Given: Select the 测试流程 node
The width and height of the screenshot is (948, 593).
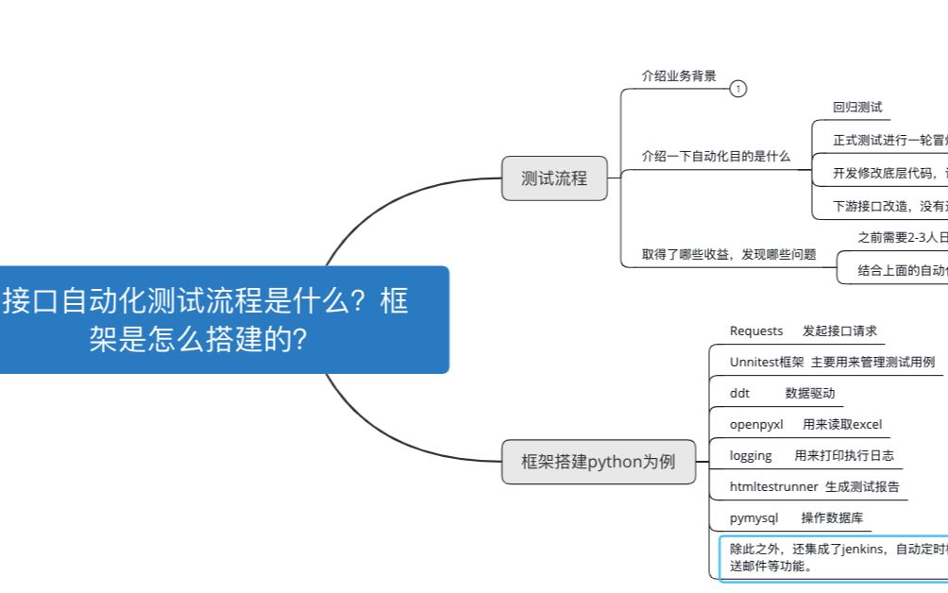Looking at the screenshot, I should point(554,178).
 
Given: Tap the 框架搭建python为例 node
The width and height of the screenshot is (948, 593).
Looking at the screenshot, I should point(599,462).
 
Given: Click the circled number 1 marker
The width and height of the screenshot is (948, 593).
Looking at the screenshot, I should point(738,89).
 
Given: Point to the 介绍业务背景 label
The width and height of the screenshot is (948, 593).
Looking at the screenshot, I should point(679,76).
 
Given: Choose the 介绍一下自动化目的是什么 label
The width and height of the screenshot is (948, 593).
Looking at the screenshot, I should point(716,156).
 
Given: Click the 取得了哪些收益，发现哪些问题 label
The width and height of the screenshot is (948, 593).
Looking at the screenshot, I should point(729,254).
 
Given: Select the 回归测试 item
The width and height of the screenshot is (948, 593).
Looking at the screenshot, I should point(857,108).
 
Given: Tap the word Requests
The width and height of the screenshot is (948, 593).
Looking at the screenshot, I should point(756,330).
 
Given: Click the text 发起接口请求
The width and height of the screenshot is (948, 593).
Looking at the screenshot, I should point(839,330).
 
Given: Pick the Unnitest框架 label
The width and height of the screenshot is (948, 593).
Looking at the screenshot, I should point(767,362).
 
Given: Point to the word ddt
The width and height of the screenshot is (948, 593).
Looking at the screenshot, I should point(739,393).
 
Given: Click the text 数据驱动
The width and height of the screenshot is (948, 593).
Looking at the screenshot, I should point(810,393).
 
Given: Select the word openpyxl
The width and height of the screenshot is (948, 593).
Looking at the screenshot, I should point(756,424).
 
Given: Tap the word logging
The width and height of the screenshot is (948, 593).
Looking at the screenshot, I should point(751,455).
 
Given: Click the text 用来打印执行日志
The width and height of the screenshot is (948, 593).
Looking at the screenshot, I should point(844,455).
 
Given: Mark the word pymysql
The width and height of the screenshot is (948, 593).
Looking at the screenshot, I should point(753,517).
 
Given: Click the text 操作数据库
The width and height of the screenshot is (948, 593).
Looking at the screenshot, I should point(832,517).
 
